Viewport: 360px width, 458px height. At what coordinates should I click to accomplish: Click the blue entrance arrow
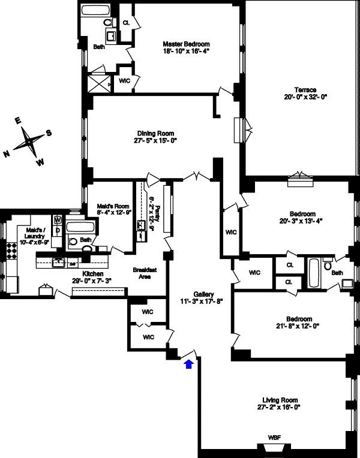[x=190, y=363]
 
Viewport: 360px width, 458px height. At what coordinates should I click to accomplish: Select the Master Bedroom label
[x=186, y=44]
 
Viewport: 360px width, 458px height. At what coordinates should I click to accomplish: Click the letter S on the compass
[x=49, y=132]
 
